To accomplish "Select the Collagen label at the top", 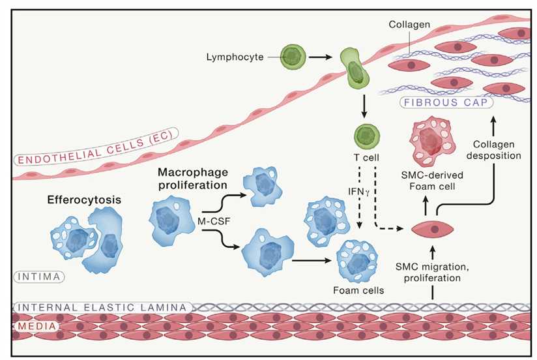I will [x=409, y=24].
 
